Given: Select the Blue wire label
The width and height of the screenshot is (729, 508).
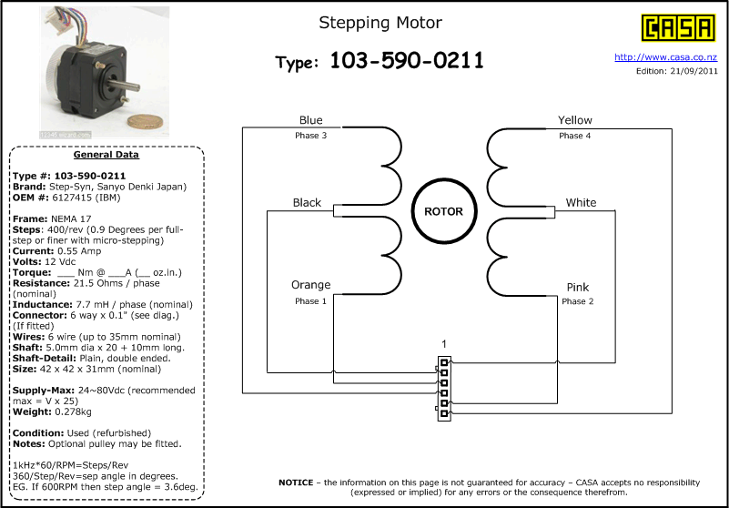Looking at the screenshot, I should [x=310, y=120].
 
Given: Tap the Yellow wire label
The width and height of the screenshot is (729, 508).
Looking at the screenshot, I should [x=574, y=120].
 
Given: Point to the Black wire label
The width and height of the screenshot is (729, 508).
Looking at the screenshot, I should [x=307, y=202].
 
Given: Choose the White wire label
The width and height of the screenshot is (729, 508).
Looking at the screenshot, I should [x=581, y=202].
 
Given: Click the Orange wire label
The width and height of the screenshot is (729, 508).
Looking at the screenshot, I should [x=310, y=285].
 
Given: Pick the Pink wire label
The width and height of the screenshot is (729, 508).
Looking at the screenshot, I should [x=578, y=287].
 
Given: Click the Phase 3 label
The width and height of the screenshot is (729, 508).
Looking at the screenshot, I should [x=310, y=136].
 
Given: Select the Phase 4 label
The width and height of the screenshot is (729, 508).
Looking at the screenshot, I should [x=574, y=136].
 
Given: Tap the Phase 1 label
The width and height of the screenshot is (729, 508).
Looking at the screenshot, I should [x=310, y=300].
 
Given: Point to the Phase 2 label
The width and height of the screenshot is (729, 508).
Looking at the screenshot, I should [x=578, y=301].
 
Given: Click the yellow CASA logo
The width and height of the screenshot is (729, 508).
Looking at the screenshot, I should [x=677, y=27].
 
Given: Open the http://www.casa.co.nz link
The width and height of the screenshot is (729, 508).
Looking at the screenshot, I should [x=666, y=56].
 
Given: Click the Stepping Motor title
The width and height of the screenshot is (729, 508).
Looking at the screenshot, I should [x=380, y=22].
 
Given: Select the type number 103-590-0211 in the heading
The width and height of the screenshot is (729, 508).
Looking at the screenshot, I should [x=406, y=61].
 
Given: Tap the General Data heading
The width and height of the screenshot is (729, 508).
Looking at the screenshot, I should [x=106, y=155].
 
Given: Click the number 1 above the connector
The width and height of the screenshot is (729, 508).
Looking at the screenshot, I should [x=443, y=344].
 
